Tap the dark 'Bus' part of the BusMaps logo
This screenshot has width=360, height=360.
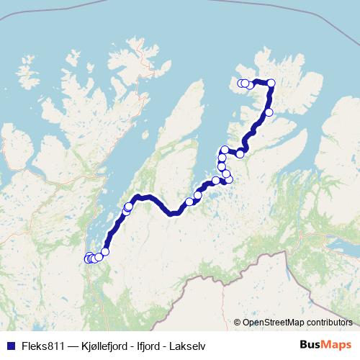click(312, 345)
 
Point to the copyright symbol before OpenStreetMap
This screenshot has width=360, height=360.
click(237, 322)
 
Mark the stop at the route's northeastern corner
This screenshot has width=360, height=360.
click(271, 84)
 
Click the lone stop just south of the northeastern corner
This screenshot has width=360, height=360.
click(269, 112)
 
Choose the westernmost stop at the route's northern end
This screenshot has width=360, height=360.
click(242, 83)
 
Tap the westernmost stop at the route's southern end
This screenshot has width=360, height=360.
click(88, 258)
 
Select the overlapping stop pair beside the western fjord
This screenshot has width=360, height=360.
click(127, 209)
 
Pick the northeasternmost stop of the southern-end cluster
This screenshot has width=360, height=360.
click(105, 251)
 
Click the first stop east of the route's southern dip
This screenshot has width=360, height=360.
click(189, 202)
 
